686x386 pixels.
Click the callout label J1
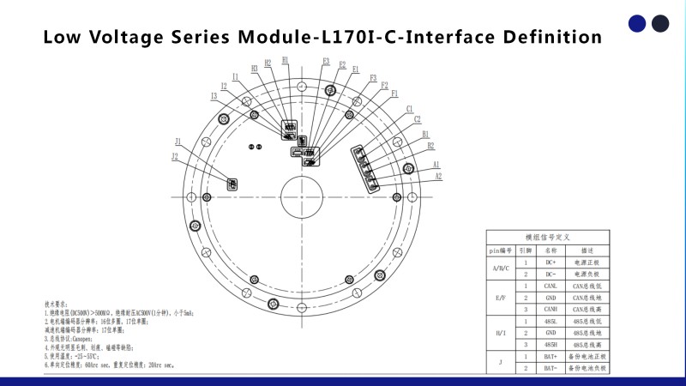point(178,142)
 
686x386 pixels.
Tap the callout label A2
point(438,177)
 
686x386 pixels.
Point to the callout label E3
point(326,61)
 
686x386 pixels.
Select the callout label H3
point(255,69)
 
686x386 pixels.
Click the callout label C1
point(409,109)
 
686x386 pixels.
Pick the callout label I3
point(214,96)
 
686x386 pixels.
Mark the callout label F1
point(394,93)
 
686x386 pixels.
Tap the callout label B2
point(430,146)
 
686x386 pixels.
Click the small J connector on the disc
point(232,183)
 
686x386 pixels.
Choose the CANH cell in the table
point(551,308)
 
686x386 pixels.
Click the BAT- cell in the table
point(551,367)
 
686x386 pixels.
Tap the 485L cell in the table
point(551,320)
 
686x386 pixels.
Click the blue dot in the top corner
point(637,23)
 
